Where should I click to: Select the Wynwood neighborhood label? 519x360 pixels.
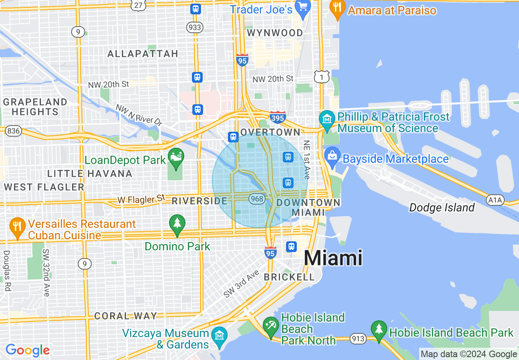pos(275,33)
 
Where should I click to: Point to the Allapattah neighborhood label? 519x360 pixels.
pos(142,54)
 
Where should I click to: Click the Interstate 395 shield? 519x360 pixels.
pos(278,117)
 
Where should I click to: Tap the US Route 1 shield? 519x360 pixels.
pos(322,76)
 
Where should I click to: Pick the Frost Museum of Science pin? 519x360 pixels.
pos(327,120)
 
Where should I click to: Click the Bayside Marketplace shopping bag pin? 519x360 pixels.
pos(332,156)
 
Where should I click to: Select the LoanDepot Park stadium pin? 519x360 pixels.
pos(176,158)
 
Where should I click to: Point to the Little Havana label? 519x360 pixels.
pos(90,173)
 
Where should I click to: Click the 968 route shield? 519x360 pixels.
pos(257,199)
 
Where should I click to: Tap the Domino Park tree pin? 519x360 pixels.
pos(177,224)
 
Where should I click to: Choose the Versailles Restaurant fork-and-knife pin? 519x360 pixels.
pos(17,228)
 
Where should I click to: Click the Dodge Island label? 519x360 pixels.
pos(442,208)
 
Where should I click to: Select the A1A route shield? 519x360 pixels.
pos(495,200)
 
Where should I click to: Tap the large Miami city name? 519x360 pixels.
pos(333,259)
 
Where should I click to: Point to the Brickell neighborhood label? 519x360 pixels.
pos(289,277)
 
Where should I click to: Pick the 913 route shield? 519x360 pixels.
pos(358,338)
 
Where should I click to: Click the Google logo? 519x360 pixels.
pos(27,350)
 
